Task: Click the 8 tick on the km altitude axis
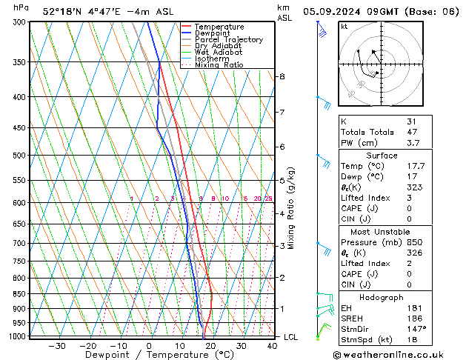point(282,76)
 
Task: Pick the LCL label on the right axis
point(291,337)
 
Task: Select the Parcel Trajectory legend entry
point(228,40)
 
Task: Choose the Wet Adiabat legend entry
point(219,53)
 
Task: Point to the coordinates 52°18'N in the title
point(62,12)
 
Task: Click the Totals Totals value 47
point(411,133)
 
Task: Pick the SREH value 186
point(415,318)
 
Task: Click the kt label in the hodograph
point(344,26)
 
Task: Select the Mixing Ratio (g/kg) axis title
point(291,208)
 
